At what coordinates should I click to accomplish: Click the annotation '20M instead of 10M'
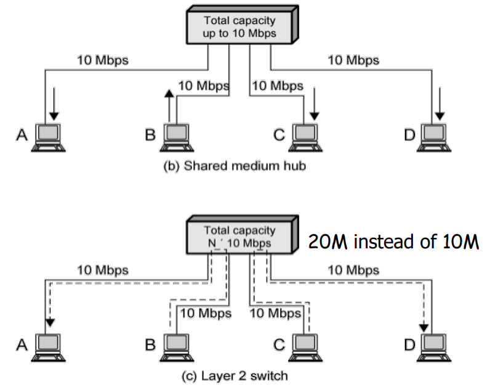[x=393, y=242]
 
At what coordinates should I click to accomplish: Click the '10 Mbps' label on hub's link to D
[x=353, y=60]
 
